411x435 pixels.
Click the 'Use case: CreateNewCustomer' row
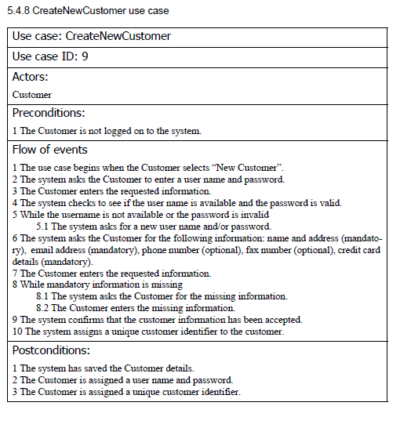coord(92,36)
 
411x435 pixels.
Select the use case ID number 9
coord(84,56)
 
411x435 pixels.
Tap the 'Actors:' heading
coord(31,77)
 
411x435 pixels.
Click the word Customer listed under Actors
coord(32,95)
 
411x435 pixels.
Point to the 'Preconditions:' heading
coord(49,113)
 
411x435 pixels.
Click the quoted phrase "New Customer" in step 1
coord(251,168)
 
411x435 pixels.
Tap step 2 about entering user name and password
coord(149,179)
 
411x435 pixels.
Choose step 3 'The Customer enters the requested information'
coord(112,190)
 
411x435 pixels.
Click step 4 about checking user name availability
coord(177,202)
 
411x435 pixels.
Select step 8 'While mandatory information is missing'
coord(97,285)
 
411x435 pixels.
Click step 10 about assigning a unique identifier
coord(148,332)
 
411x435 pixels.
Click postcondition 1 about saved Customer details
coord(109,368)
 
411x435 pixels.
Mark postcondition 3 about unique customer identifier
coord(126,391)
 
